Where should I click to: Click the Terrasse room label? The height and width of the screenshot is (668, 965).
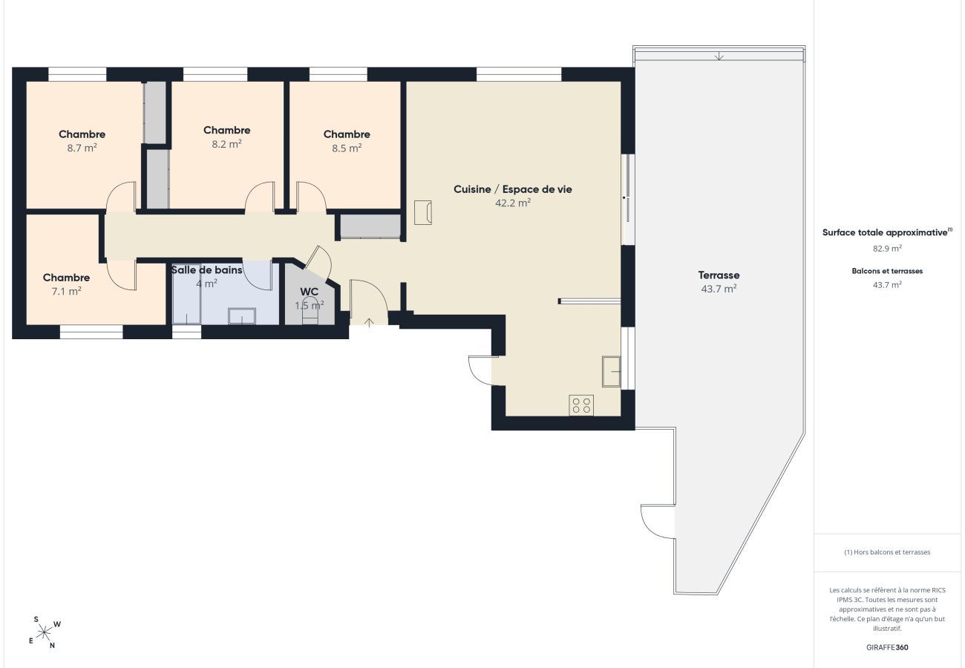(719, 275)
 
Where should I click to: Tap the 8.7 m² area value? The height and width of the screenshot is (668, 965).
(82, 148)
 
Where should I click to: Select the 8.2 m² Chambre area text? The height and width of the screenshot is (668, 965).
(226, 144)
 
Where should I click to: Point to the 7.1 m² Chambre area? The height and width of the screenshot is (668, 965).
(66, 291)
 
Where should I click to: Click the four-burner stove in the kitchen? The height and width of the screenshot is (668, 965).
(581, 405)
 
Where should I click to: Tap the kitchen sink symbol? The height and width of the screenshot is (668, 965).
(611, 371)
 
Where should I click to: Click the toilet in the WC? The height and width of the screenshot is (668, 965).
(310, 311)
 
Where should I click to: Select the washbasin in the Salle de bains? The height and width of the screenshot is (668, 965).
(242, 315)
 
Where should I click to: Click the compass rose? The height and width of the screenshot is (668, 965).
(45, 632)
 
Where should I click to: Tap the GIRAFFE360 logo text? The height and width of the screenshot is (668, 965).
(887, 647)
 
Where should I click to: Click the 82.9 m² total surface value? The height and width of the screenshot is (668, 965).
(887, 249)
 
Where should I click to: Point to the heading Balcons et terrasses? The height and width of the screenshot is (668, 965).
(887, 271)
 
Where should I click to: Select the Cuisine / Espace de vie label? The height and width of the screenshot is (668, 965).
(513, 189)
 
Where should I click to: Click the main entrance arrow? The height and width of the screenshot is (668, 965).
(369, 323)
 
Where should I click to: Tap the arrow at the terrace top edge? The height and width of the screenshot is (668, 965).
(719, 56)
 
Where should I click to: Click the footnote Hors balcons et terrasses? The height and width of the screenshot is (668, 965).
(887, 552)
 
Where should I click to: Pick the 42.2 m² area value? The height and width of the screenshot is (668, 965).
(513, 203)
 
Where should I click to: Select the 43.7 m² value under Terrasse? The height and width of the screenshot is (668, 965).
(719, 289)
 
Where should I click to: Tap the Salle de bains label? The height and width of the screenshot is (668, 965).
(207, 270)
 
